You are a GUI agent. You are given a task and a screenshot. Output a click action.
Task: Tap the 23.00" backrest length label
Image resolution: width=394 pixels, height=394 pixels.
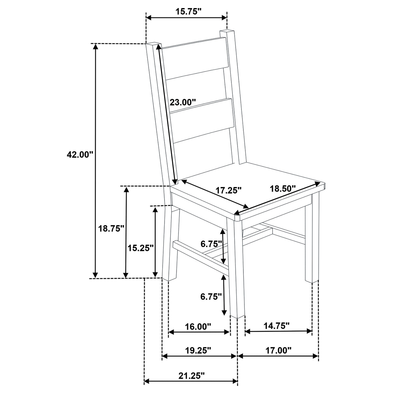click(183, 102)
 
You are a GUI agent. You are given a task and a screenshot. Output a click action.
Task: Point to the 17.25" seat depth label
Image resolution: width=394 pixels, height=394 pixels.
click(229, 190)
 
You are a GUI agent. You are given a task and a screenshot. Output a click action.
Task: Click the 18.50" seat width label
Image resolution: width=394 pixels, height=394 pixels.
click(282, 188)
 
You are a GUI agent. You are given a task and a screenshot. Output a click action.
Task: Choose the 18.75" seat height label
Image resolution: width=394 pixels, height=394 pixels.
click(111, 228)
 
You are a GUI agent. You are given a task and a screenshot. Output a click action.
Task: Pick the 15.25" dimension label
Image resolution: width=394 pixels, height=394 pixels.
click(141, 248)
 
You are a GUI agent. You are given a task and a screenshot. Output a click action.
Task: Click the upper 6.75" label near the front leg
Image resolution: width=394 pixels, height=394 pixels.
click(211, 243)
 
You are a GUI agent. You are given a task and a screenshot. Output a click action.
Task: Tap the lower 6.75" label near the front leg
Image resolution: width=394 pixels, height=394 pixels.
click(211, 296)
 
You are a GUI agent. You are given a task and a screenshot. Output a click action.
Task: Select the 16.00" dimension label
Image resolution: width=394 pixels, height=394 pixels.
click(198, 326)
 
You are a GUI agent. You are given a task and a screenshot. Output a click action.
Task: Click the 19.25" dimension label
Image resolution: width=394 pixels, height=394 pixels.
click(198, 351)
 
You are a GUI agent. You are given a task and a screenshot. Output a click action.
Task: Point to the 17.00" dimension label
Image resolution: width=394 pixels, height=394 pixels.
click(278, 350)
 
